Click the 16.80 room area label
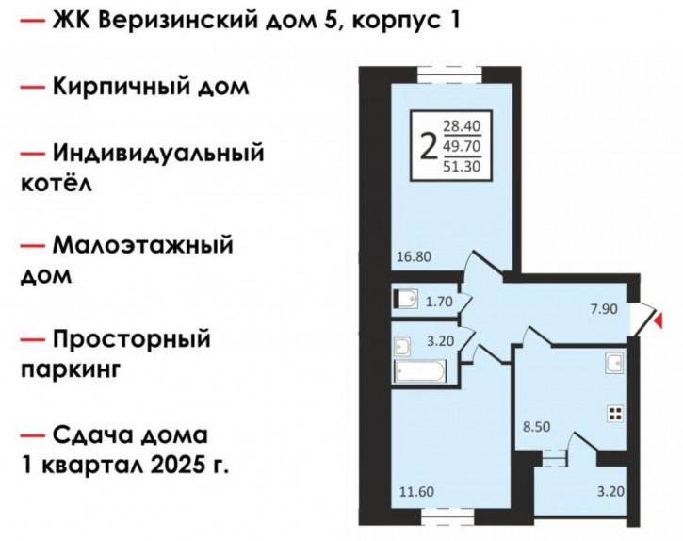coord(414,256)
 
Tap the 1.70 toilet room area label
coord(439,302)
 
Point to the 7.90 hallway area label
coord(604,309)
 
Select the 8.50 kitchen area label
coord(537,426)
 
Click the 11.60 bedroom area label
coord(416,492)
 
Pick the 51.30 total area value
coord(462,166)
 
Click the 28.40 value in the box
coord(462,126)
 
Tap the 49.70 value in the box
coord(462,146)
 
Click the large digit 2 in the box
coord(429,146)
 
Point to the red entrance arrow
coord(659,320)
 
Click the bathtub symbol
coord(420,372)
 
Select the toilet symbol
coord(405,299)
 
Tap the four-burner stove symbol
coord(616,414)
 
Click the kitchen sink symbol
coord(614,363)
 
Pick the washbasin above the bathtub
coord(401,347)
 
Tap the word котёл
coord(57,184)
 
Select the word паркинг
coord(71,370)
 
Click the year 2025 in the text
coord(177,466)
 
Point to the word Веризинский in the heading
coord(178,21)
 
